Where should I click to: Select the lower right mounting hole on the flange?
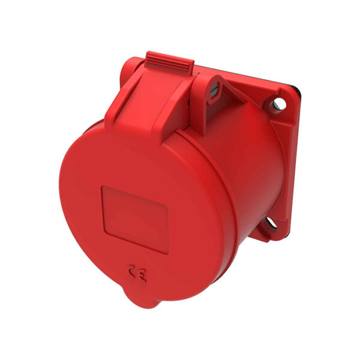[x=270, y=223]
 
